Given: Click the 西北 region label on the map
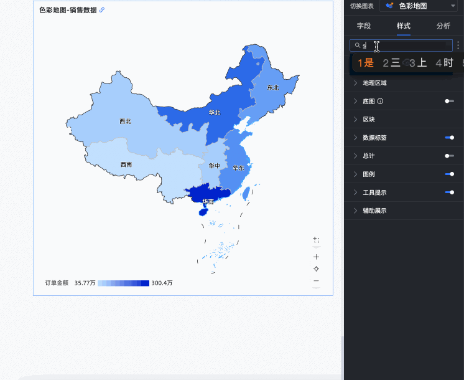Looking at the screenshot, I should (125, 121).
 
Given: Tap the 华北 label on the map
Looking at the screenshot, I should (215, 113).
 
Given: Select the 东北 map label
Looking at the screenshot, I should (272, 88).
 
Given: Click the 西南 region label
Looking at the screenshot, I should (126, 164).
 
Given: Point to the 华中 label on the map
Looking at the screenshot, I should (214, 166).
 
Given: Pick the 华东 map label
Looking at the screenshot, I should (238, 168).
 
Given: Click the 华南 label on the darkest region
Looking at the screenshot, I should (208, 201).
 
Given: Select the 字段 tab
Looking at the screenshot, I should (364, 26).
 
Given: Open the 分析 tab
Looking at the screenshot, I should (443, 26).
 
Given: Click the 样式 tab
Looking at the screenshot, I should (404, 26).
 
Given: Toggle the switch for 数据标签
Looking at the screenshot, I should (449, 137).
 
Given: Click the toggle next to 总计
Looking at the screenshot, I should (449, 156).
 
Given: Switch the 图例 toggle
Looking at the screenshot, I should (449, 174).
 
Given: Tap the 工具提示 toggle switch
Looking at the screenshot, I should (449, 192).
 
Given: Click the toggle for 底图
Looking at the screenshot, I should (449, 101).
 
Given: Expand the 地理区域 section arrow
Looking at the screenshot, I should (355, 83).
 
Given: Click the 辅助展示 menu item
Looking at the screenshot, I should (374, 211).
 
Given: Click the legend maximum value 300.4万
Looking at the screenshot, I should (162, 283).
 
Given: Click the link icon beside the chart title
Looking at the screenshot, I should (102, 10).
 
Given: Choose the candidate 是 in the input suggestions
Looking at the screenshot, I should (365, 62).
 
